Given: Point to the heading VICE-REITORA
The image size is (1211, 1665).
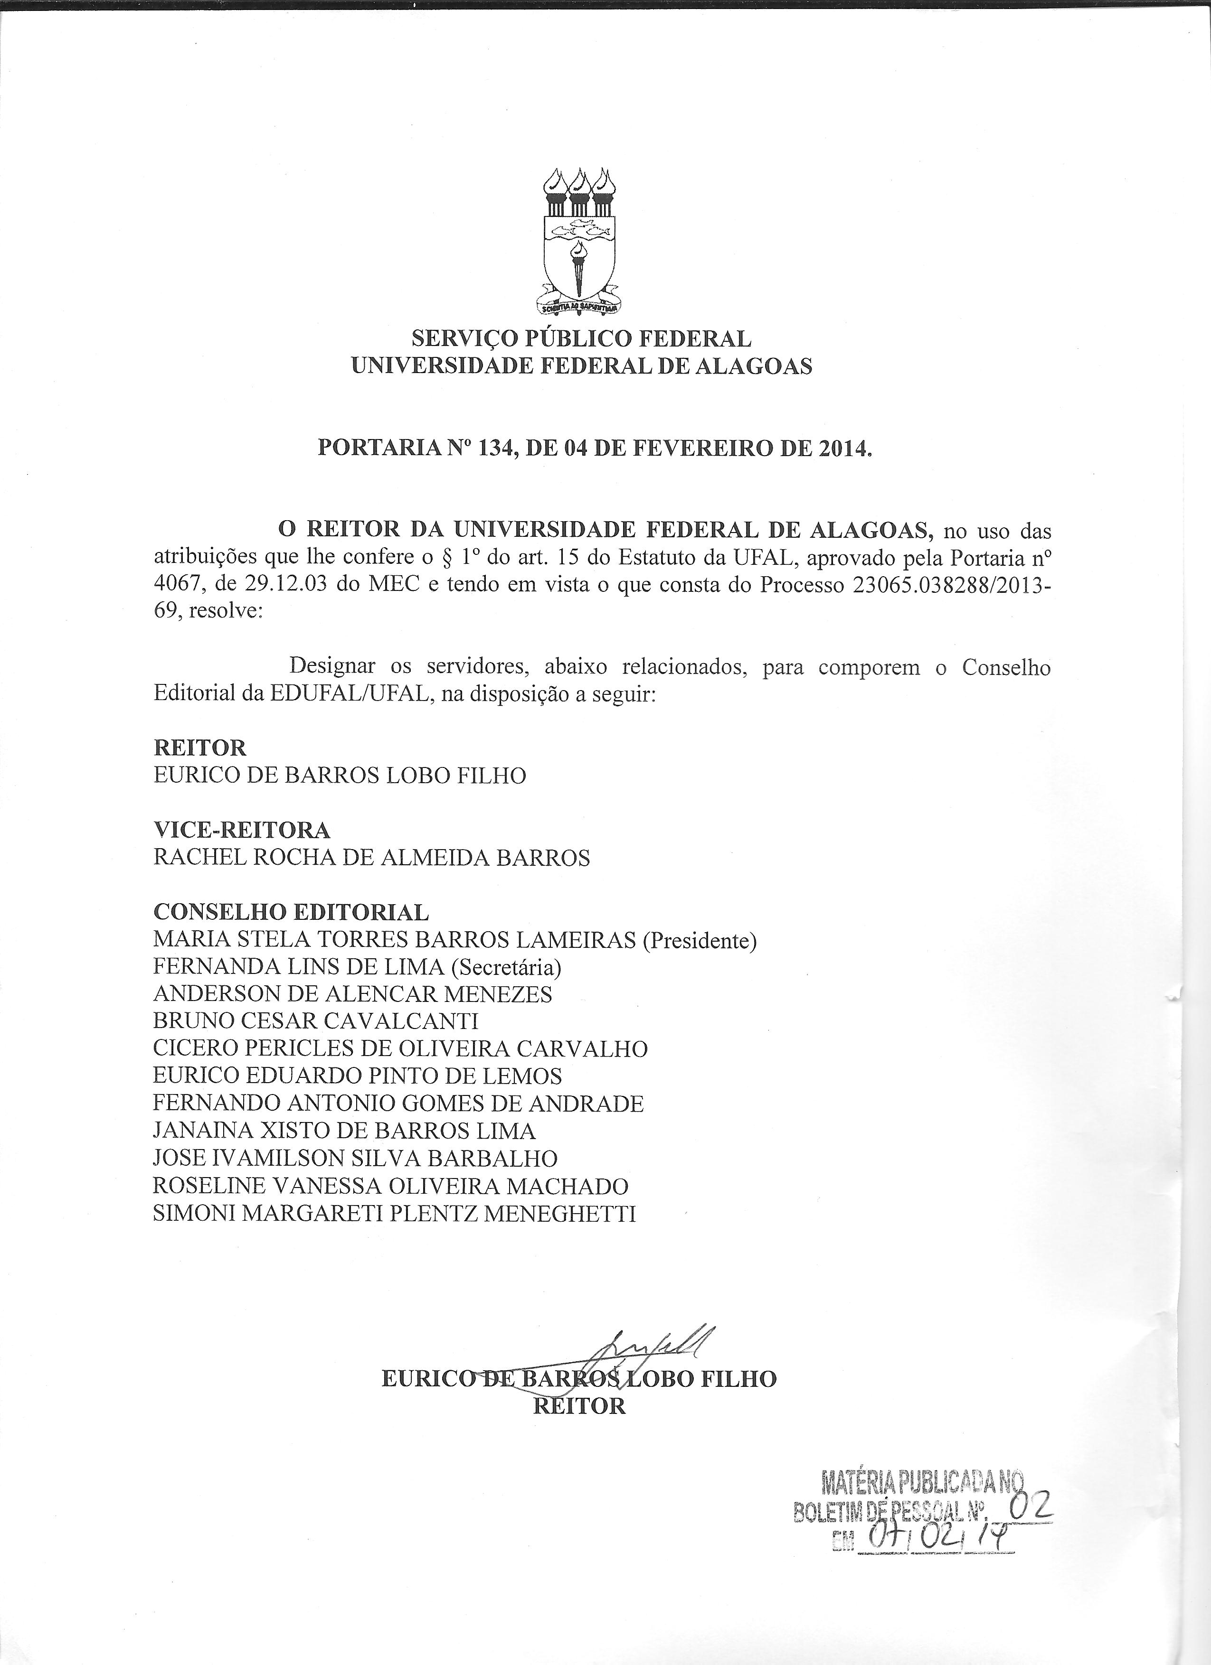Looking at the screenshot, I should click(x=242, y=830).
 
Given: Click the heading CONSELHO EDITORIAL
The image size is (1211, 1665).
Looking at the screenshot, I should click(x=291, y=913).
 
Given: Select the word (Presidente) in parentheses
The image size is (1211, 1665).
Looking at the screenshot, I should click(x=699, y=940).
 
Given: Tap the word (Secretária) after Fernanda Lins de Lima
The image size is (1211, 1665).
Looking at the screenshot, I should click(x=506, y=968).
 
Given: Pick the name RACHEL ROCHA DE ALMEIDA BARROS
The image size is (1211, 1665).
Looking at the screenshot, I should click(x=371, y=858).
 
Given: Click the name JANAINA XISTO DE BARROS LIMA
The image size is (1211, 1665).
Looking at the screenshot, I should click(x=344, y=1131).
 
